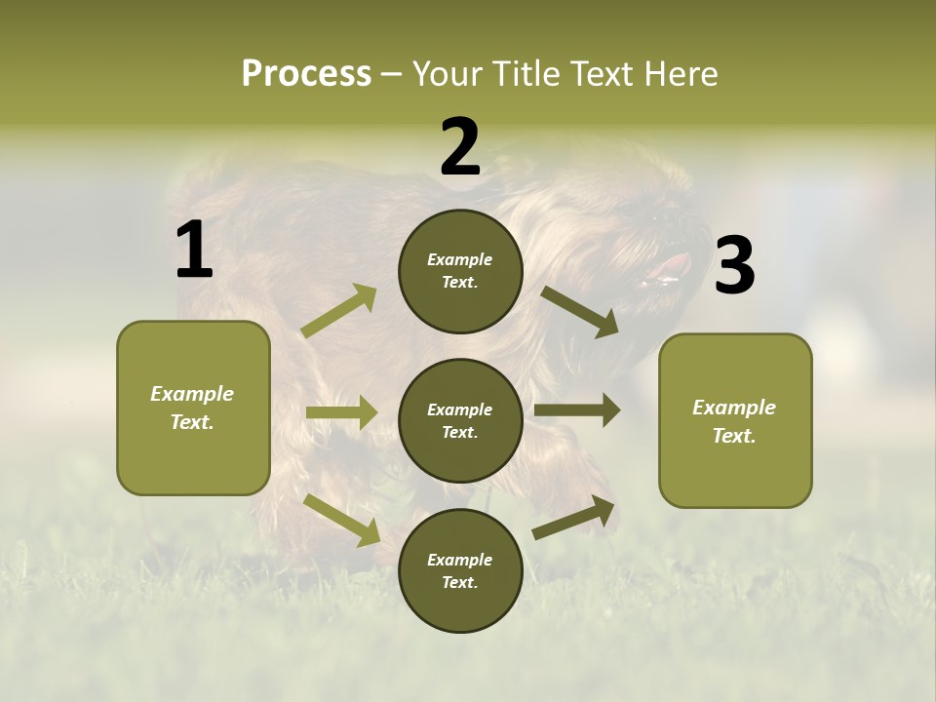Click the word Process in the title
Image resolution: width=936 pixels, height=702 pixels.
306,74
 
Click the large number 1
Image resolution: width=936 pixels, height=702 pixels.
194,251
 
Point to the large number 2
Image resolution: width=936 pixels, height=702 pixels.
460,147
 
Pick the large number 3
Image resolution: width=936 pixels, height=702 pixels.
734,266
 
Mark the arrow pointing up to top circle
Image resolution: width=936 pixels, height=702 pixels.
339,311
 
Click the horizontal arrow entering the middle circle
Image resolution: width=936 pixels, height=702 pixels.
341,412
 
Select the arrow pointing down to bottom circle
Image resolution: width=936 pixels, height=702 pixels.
342,520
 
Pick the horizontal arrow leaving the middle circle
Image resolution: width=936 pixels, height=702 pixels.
576,410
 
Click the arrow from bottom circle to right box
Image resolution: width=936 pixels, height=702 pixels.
573,518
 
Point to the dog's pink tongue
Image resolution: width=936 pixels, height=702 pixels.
671,266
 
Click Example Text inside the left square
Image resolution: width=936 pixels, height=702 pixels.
192,408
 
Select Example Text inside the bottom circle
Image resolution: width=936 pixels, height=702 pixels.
460,570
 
